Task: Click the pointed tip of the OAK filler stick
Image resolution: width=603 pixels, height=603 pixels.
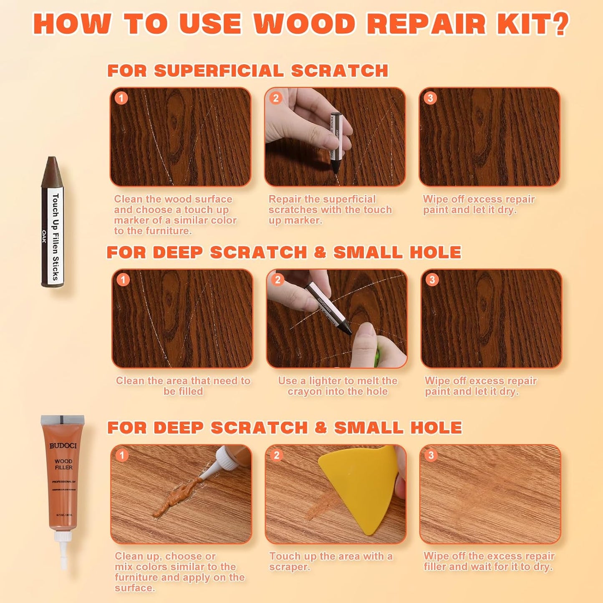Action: tap(52, 161)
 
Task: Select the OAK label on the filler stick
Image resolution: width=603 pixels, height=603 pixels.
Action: tap(44, 237)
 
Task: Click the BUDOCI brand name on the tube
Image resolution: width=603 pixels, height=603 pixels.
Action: tap(63, 446)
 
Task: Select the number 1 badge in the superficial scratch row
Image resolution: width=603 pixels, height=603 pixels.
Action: tap(121, 98)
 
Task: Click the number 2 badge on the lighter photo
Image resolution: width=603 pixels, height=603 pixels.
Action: tap(278, 280)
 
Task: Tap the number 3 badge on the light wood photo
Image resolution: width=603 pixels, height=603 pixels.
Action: tap(431, 455)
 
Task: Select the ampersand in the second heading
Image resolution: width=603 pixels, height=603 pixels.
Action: tap(320, 252)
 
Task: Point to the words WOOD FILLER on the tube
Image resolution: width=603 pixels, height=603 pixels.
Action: tap(63, 464)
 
